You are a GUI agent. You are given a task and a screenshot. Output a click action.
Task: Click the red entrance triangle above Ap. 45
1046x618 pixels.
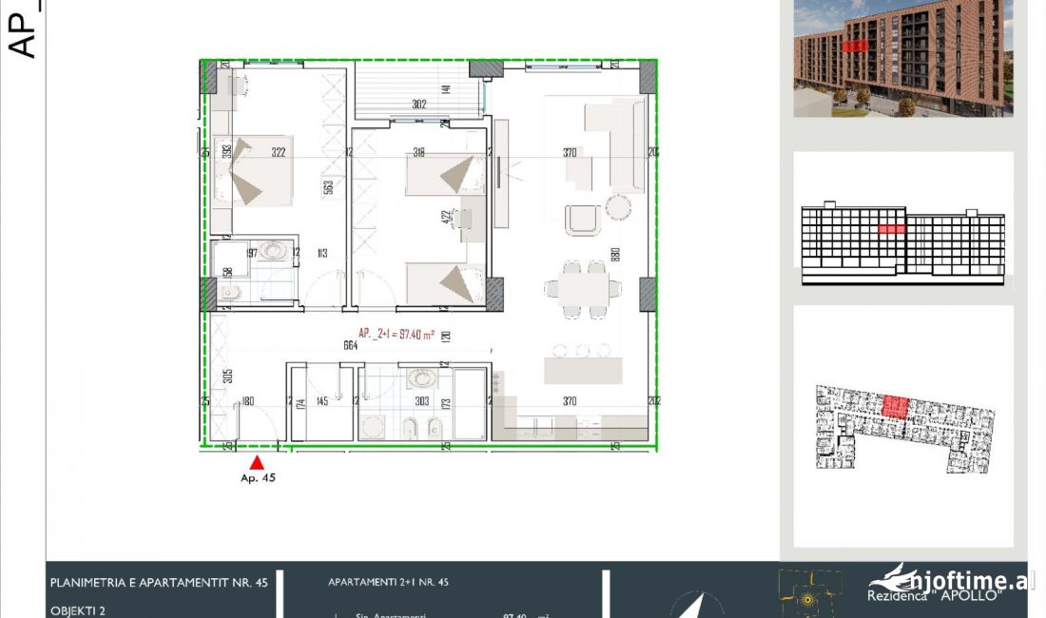(x=256, y=462)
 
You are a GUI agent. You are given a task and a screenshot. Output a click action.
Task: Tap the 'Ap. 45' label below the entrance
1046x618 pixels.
(x=258, y=478)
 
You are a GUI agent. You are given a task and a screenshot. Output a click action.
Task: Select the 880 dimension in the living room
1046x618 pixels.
(x=615, y=255)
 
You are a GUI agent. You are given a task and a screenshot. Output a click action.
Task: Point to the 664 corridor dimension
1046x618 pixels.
(x=350, y=346)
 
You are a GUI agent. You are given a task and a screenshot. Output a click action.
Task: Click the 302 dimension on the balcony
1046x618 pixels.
(x=418, y=105)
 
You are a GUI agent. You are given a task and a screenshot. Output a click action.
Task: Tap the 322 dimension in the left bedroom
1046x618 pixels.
(x=278, y=152)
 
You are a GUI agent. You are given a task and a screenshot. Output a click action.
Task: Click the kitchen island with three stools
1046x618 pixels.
(x=582, y=368)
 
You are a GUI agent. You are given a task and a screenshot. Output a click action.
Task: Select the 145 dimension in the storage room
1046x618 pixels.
(x=321, y=402)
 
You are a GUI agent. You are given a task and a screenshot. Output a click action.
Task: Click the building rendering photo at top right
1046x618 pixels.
(x=903, y=58)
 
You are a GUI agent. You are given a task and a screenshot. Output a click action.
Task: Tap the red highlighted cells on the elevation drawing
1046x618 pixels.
(x=891, y=229)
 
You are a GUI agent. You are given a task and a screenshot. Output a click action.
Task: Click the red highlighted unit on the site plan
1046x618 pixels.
(x=895, y=407)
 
